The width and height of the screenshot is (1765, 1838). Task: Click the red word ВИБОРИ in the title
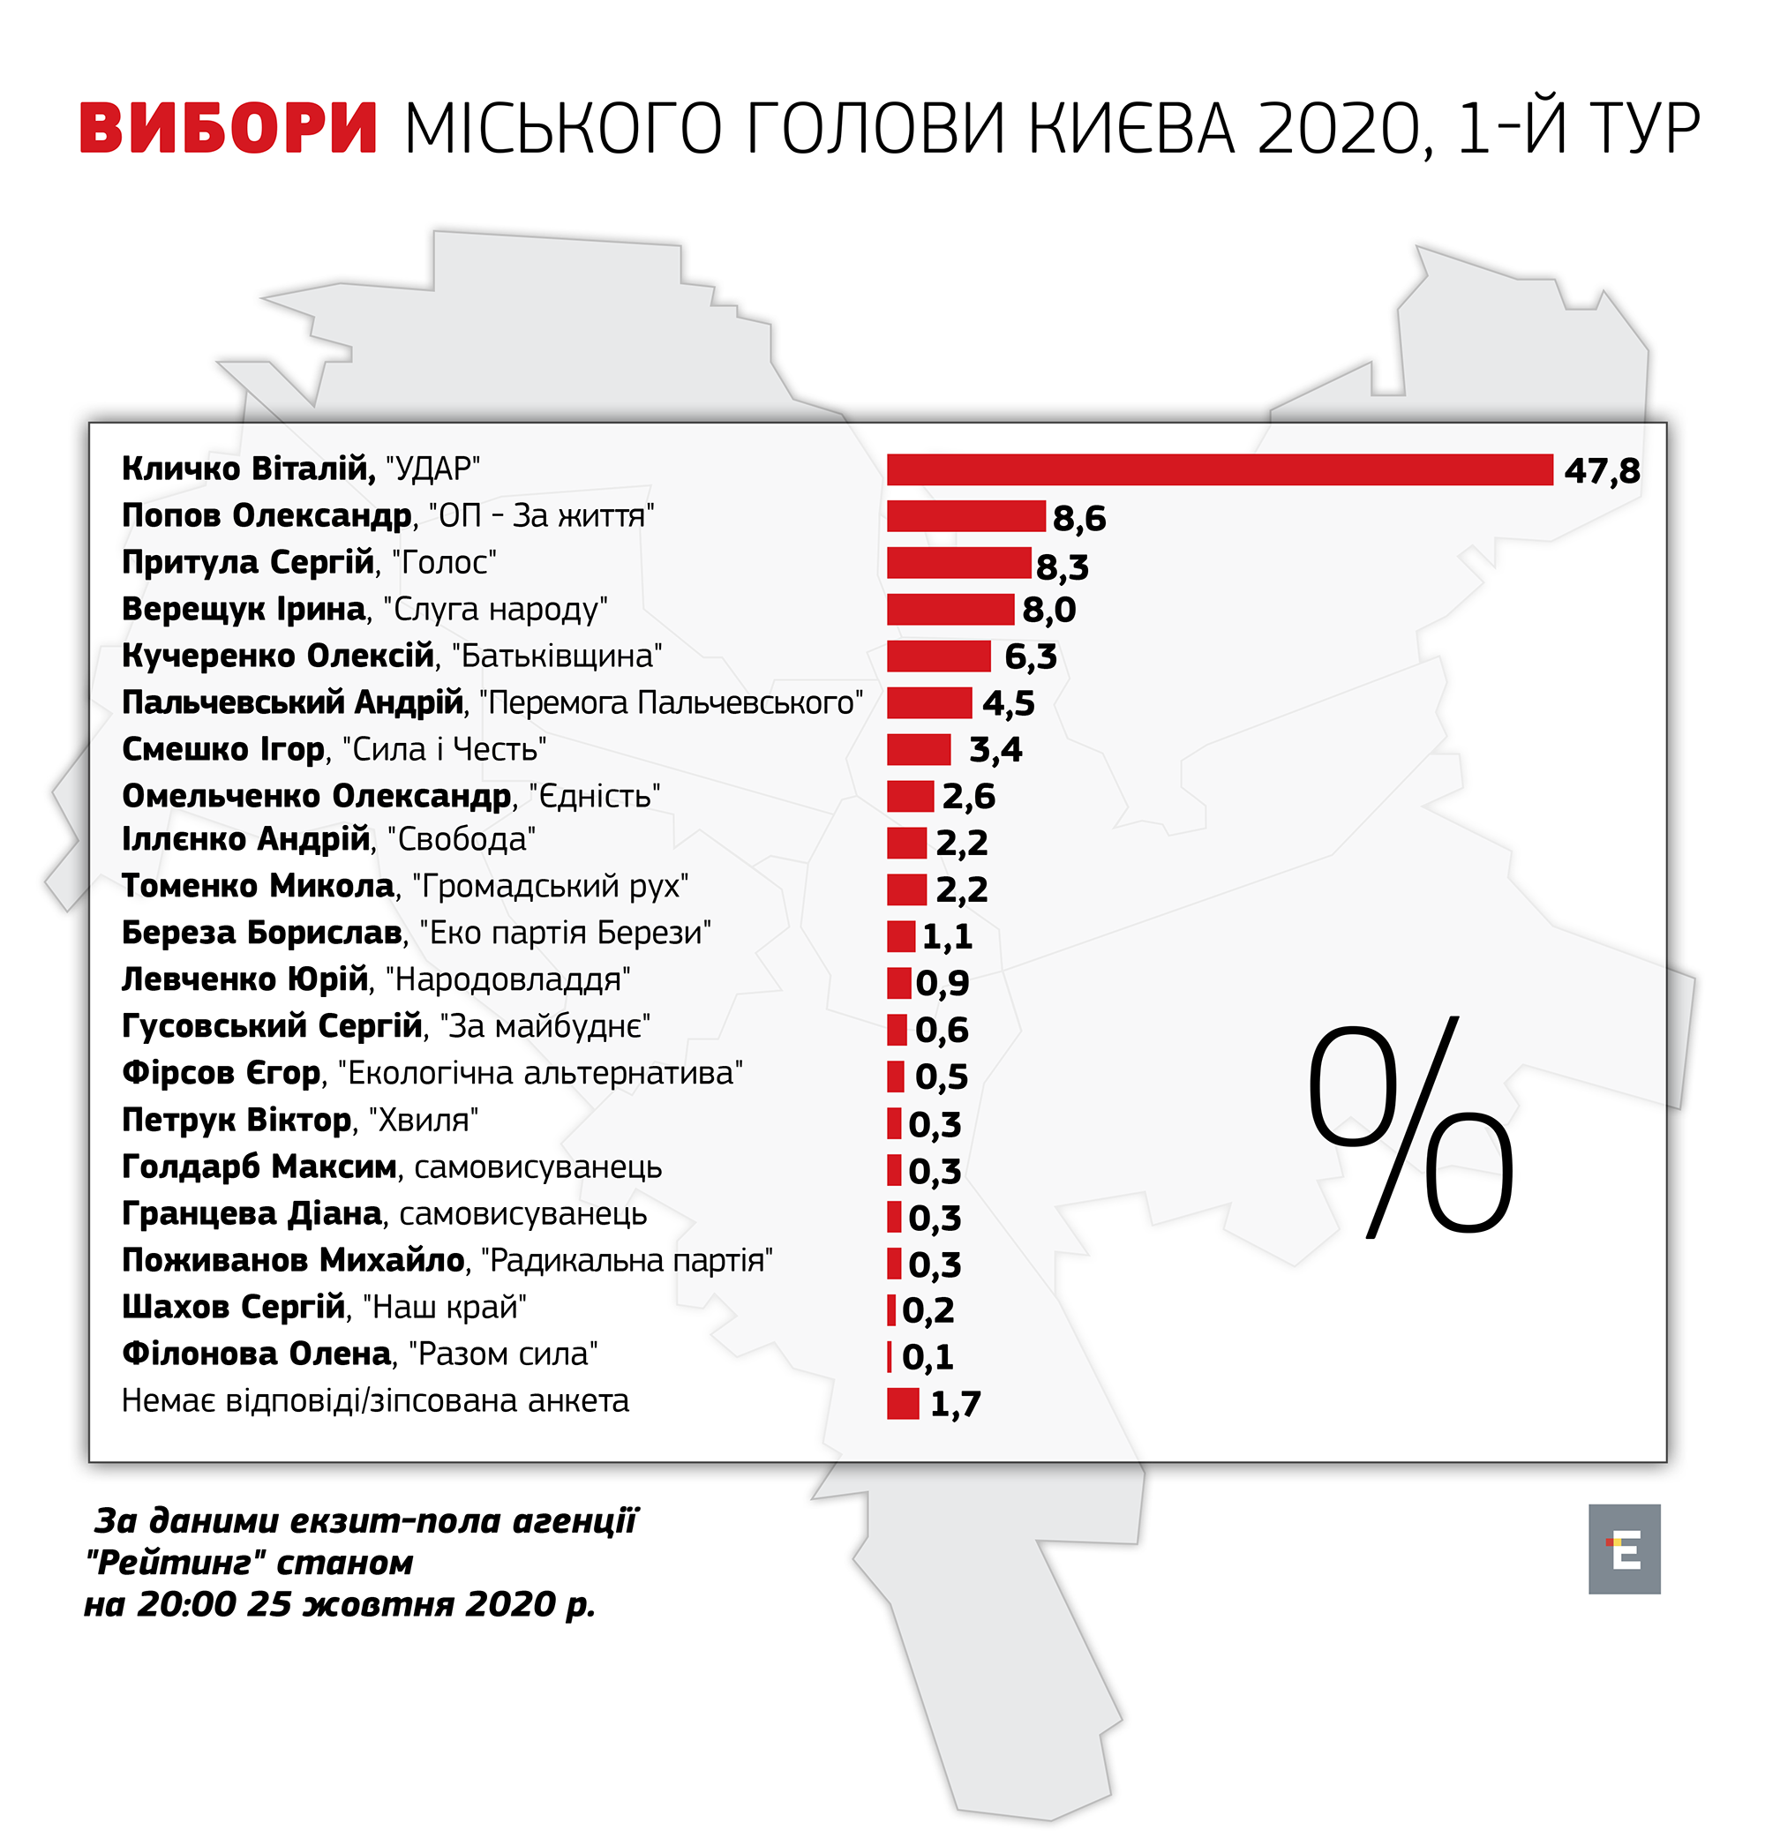(x=228, y=129)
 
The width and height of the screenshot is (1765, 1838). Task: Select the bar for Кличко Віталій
(x=1220, y=469)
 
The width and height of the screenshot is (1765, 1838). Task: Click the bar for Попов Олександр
(x=966, y=517)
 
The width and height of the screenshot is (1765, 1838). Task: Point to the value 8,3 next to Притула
(x=1062, y=566)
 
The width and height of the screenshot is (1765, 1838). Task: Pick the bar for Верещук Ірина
(x=950, y=610)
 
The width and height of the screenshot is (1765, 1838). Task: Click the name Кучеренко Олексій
(x=278, y=656)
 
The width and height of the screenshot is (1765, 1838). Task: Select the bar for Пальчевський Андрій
(x=929, y=703)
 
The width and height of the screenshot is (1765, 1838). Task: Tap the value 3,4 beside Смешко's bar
(x=995, y=750)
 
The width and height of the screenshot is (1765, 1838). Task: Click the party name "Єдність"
(x=595, y=796)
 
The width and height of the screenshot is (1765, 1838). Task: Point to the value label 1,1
(x=947, y=937)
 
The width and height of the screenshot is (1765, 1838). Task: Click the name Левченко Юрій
(x=244, y=980)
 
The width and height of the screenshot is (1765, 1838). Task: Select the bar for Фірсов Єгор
(x=896, y=1077)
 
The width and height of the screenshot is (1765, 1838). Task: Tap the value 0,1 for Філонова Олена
(x=928, y=1357)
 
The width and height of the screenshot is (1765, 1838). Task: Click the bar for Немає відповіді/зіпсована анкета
(x=903, y=1404)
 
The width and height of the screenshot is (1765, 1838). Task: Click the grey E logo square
(x=1624, y=1549)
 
